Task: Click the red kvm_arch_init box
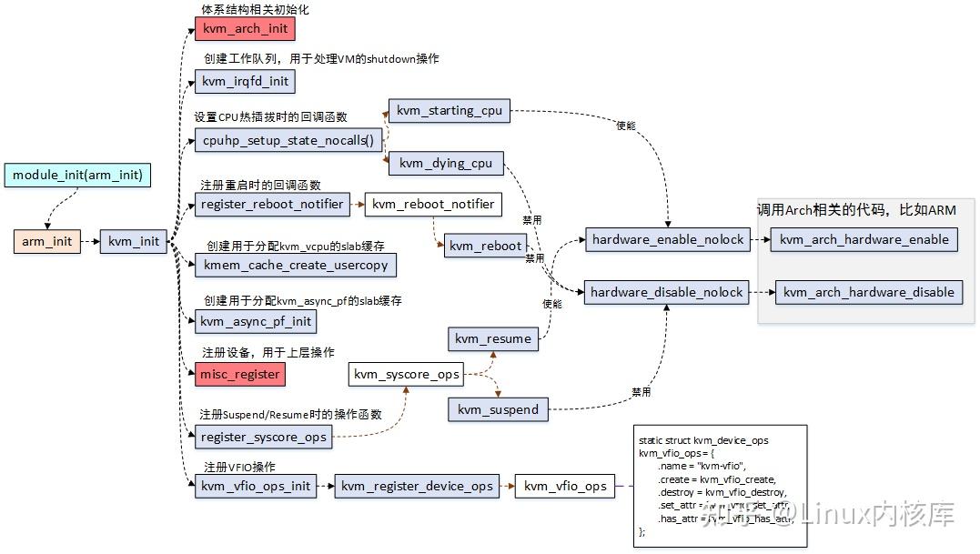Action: (x=245, y=28)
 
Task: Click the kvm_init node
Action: (x=134, y=242)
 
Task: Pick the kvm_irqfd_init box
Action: (x=245, y=81)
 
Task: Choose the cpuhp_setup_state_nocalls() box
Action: (x=288, y=140)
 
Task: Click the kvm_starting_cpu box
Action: (x=449, y=111)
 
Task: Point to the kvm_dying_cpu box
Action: (x=445, y=164)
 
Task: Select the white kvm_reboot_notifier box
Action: (x=433, y=205)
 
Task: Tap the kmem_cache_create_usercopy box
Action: (x=295, y=265)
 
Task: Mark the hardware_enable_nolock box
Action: (x=667, y=240)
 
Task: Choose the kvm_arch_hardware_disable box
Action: (x=868, y=293)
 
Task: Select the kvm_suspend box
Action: (x=498, y=410)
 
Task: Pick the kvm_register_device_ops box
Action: (x=417, y=487)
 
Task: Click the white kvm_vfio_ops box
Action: (x=565, y=487)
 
